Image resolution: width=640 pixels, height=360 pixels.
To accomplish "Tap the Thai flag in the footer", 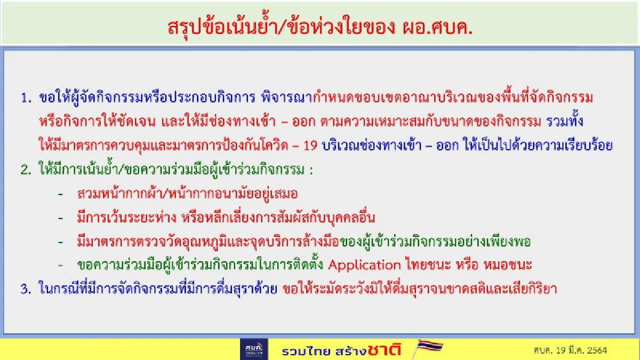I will tap(427, 348).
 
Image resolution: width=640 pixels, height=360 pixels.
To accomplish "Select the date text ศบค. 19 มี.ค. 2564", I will tap(570, 350).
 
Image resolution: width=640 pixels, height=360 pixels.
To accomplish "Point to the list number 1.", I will tap(25, 98).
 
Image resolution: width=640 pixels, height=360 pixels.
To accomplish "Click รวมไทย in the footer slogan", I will tap(300, 351).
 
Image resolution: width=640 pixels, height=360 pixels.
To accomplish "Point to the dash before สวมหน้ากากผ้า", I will tap(61, 194).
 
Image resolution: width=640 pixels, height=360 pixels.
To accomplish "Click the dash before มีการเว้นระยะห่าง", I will tap(61, 218).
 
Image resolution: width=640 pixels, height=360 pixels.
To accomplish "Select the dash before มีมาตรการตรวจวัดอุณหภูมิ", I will tap(61, 242).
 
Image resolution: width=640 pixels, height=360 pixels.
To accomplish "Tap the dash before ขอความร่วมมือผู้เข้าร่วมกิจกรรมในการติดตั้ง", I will tap(61, 265).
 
